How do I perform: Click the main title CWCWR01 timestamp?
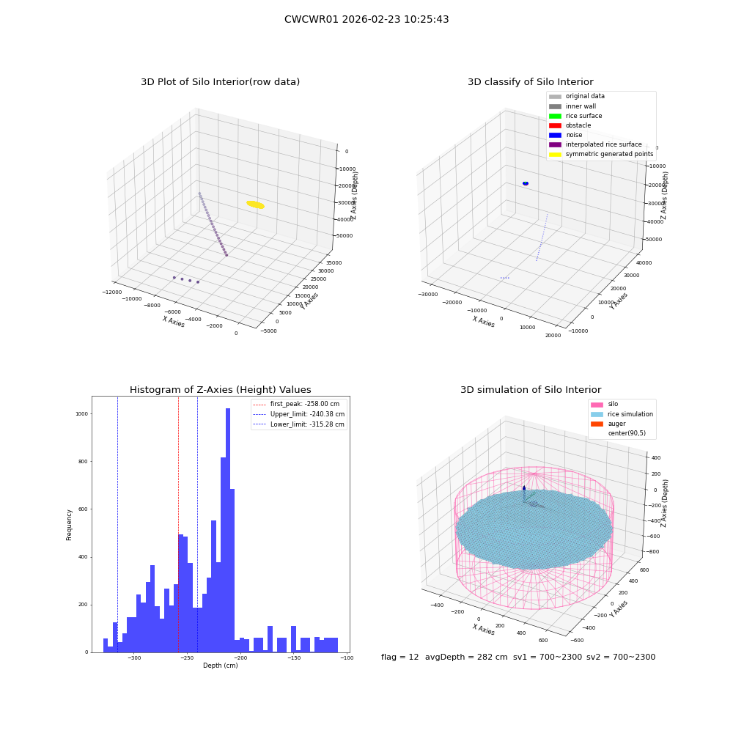pos(366,20)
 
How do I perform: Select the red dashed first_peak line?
pos(178,524)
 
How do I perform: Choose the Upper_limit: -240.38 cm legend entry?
pos(299,414)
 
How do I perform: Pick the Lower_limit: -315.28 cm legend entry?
pos(299,424)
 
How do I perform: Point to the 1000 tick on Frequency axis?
pos(82,414)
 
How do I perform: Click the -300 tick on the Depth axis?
pos(133,658)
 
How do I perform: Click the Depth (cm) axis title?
pos(220,666)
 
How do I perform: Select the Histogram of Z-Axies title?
pos(220,390)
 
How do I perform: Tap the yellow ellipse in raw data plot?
pos(256,205)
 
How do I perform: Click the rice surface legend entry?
pos(575,116)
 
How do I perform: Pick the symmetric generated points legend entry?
pos(601,154)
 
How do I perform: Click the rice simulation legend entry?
pos(622,414)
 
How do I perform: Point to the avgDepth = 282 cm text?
pos(466,658)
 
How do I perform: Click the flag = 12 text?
pos(399,658)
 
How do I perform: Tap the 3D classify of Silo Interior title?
pos(531,82)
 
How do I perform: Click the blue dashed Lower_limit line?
pos(117,524)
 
